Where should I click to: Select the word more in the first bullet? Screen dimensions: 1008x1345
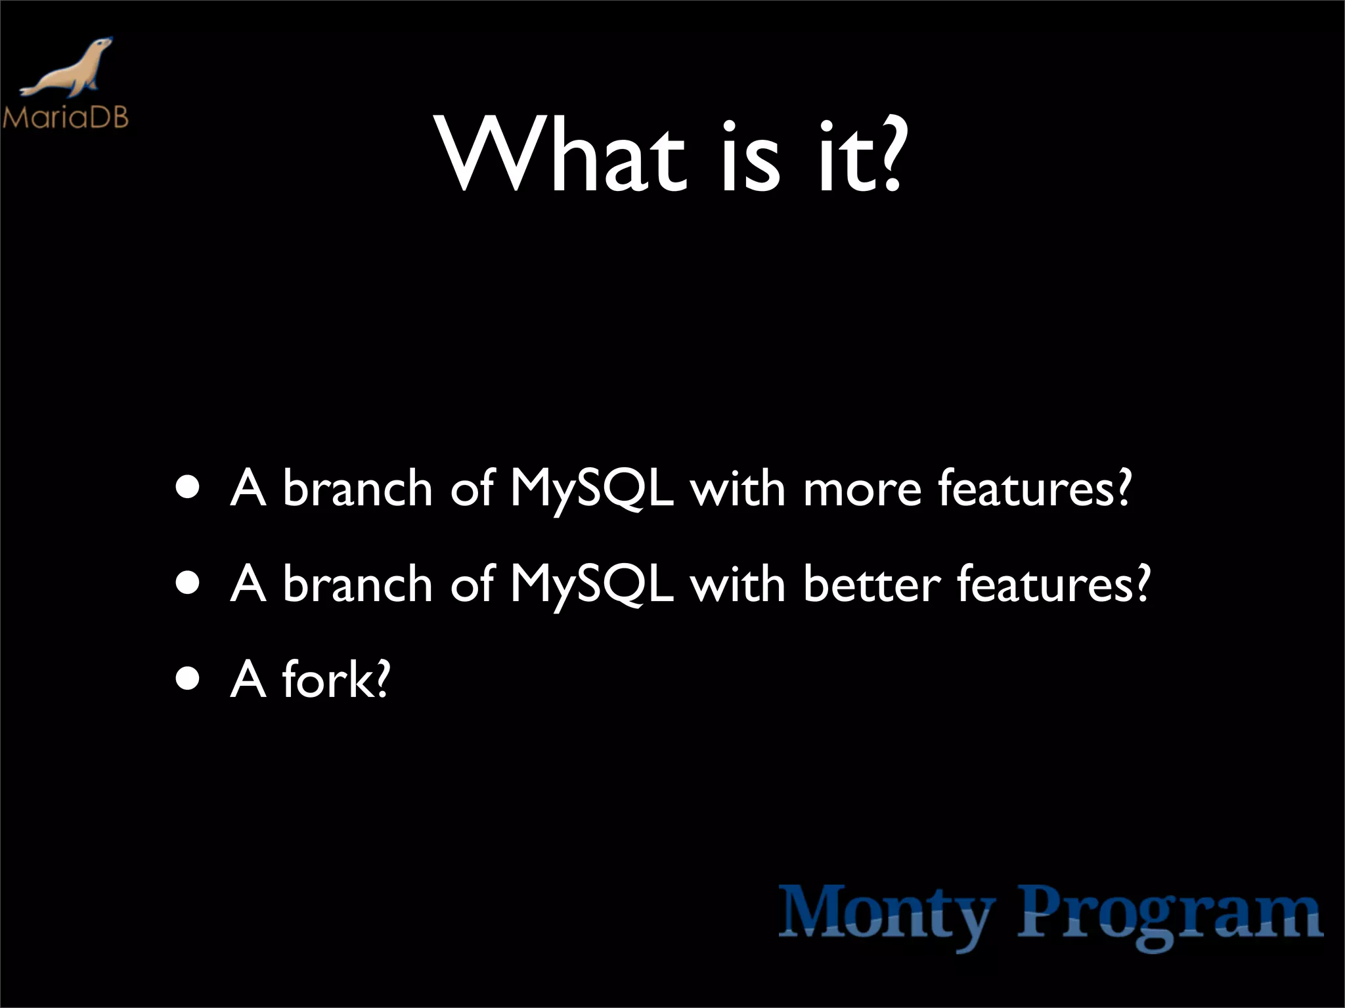(862, 490)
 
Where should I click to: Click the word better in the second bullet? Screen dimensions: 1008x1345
(871, 584)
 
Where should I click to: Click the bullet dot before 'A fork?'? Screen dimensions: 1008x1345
(188, 680)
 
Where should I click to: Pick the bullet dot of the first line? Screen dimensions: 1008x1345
(188, 489)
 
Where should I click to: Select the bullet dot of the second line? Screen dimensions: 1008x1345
(188, 584)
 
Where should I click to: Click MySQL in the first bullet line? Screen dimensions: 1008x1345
(592, 490)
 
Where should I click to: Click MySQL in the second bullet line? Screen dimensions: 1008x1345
(592, 584)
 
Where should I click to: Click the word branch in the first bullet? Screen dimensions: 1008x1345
(357, 490)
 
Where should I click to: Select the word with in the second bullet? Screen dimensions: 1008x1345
(738, 584)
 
